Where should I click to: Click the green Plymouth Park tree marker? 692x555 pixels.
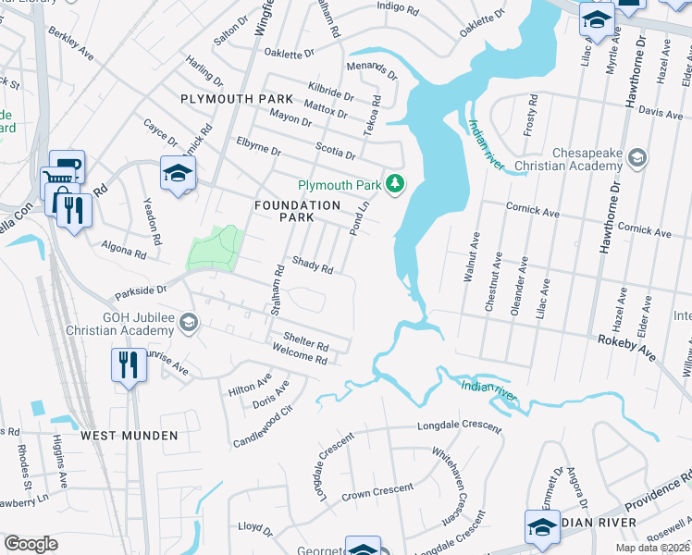coord(396,183)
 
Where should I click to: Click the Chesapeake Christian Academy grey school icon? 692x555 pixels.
coord(636,158)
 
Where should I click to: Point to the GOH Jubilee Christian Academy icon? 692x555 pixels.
coord(189,321)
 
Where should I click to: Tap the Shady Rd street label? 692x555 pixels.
coord(313,266)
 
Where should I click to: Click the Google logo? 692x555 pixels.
coord(31,544)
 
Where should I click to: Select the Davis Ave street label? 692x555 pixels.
coord(661,112)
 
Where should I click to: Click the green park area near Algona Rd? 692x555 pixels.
coord(215,247)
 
